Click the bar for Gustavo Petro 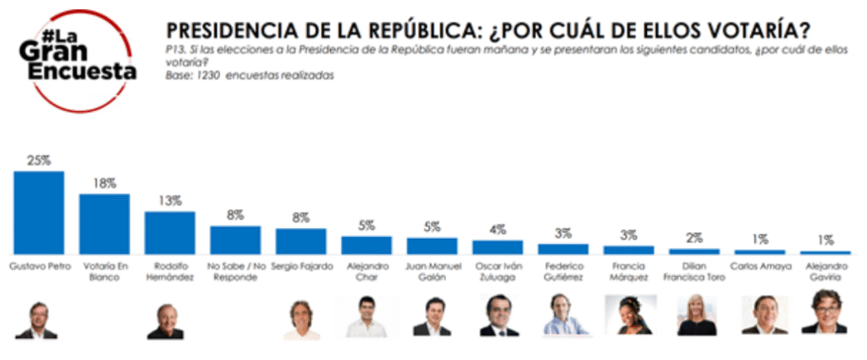39,212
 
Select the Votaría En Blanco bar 104,224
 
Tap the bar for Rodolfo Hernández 170,232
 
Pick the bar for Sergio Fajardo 301,241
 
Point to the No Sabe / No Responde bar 235,240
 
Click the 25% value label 39,160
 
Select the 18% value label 104,183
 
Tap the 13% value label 170,201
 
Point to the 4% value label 498,230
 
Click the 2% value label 694,238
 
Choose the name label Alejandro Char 367,272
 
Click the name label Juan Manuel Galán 432,272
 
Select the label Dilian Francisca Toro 694,272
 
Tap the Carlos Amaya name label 759,267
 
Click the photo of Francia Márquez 629,316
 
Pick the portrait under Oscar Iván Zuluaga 499,316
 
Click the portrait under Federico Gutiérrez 565,315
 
